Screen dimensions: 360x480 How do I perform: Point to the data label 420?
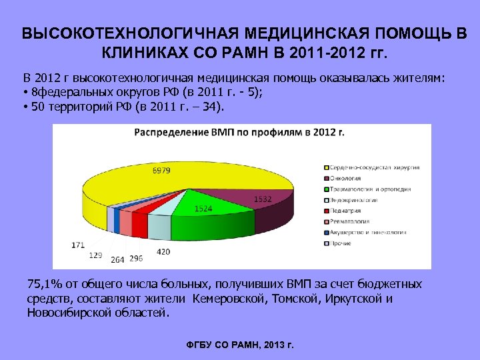click(x=163, y=251)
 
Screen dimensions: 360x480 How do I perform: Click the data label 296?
click(x=136, y=259)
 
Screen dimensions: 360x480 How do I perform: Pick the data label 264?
click(x=117, y=259)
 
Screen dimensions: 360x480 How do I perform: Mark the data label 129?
click(x=95, y=255)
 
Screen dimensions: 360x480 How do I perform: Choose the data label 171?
click(x=78, y=245)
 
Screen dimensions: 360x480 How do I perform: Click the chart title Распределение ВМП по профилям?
click(x=239, y=132)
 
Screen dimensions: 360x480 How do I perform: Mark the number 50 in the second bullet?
click(x=38, y=105)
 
